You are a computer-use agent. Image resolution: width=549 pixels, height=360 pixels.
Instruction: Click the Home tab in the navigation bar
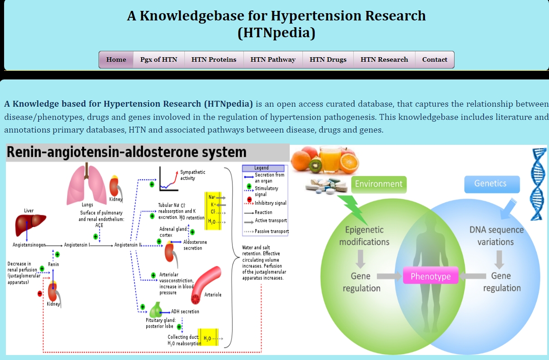[x=116, y=59]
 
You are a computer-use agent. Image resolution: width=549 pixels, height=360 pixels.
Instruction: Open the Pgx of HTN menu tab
[x=158, y=59]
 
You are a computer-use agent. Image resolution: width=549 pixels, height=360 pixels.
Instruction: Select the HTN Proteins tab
[x=214, y=59]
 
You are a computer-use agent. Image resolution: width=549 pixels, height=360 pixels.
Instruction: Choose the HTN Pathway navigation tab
[x=273, y=59]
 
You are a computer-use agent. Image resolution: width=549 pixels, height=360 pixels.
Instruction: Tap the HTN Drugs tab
[x=328, y=59]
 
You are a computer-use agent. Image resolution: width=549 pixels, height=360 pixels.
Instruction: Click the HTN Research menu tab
[x=384, y=59]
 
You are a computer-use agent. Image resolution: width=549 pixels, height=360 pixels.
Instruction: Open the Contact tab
[x=435, y=59]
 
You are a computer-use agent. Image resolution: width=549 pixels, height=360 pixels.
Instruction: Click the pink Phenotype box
[x=430, y=276]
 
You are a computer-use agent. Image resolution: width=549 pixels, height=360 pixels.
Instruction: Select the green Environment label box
[x=379, y=184]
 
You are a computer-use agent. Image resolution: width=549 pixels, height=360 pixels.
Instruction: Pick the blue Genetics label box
[x=492, y=184]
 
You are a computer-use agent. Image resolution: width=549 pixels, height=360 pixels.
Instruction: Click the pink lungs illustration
[x=87, y=186]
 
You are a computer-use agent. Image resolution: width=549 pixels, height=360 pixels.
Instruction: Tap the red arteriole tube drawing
[x=205, y=285]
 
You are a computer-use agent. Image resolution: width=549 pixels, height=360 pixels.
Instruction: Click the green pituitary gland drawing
[x=156, y=310]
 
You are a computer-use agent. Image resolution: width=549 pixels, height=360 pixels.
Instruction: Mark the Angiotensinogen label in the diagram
[x=29, y=245]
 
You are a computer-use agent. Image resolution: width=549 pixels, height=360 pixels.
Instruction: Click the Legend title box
[x=263, y=168]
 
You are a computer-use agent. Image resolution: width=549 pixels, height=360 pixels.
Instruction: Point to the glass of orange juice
[x=330, y=159]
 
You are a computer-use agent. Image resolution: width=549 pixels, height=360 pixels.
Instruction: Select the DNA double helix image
[x=539, y=184]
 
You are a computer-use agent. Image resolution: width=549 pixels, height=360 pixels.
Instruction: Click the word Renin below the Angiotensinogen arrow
[x=54, y=264]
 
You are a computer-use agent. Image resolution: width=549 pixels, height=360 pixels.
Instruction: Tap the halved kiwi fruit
[x=316, y=166]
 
